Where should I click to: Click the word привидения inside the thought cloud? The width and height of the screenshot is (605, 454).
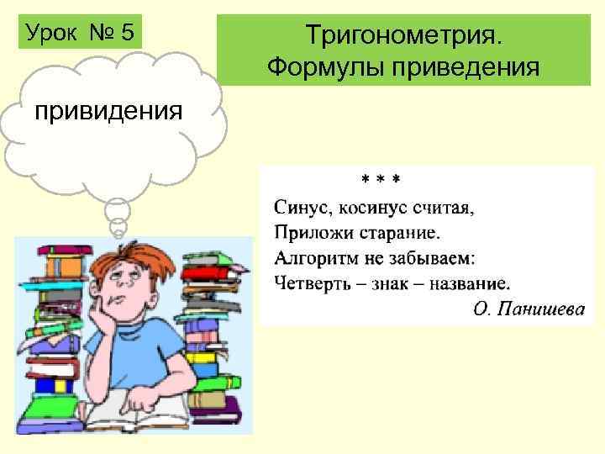coord(107,112)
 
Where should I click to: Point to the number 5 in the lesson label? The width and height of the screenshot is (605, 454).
coord(127,34)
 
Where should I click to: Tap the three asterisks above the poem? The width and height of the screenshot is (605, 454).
coord(380,180)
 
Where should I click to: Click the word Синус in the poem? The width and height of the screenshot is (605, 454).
coord(298,207)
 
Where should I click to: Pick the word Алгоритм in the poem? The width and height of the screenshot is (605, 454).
coord(314,255)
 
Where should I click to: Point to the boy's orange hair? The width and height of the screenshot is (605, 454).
coord(127,253)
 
